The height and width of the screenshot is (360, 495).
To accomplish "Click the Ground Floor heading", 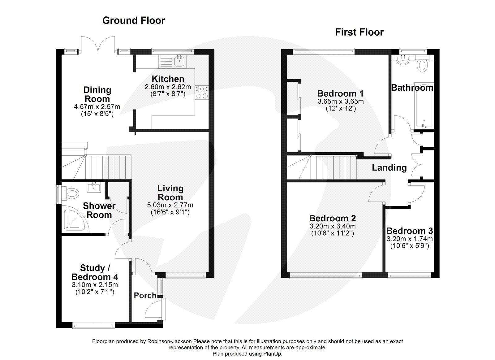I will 133,20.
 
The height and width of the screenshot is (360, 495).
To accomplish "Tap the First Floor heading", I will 359,32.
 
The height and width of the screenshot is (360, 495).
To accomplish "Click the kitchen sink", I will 179,61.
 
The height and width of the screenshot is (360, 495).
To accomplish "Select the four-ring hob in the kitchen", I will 202,92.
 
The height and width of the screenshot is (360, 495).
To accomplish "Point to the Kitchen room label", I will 168,79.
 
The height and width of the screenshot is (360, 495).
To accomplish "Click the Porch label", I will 145,295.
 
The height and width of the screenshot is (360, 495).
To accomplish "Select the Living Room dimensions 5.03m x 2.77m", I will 170,205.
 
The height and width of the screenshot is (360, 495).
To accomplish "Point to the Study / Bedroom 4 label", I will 95,272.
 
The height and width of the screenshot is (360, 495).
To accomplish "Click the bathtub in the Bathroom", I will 424,107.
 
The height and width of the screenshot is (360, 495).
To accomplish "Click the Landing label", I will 389,167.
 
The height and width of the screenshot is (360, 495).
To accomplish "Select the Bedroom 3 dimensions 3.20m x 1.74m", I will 410,239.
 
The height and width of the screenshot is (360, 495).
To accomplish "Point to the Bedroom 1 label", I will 340,93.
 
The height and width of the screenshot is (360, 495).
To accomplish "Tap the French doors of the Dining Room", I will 97,45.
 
